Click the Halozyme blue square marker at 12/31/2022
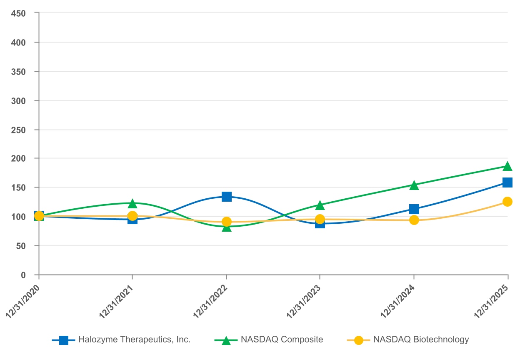(226, 197)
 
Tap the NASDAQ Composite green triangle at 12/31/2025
(507, 166)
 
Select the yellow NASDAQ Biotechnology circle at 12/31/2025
(507, 202)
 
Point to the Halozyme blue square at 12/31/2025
(507, 182)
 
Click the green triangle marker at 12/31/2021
(132, 204)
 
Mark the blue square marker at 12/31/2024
(414, 209)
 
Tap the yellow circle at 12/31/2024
(414, 220)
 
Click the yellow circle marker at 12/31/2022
(226, 222)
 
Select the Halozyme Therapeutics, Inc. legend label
(134, 340)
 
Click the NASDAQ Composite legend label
(282, 340)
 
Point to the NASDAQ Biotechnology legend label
(421, 340)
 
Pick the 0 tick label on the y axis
(24, 275)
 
